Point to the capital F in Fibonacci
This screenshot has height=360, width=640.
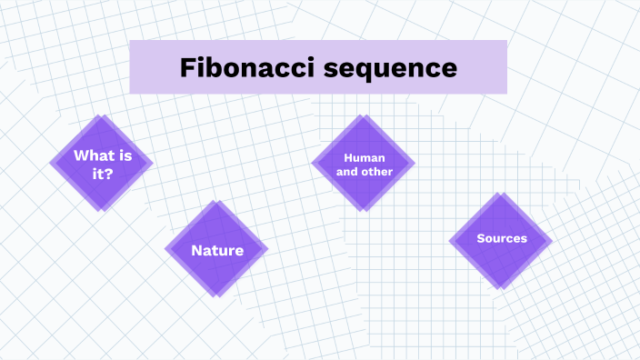click(x=187, y=67)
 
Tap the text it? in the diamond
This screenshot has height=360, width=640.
click(x=102, y=173)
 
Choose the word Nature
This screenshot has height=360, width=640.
click(x=217, y=250)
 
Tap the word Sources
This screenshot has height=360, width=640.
click(x=502, y=239)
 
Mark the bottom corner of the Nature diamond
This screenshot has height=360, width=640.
click(x=216, y=296)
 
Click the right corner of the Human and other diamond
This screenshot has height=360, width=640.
click(x=415, y=164)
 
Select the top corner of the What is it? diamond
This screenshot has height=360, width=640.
click(x=100, y=115)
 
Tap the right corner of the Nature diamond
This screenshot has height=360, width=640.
click(x=267, y=248)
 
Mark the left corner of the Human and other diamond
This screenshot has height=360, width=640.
click(x=313, y=163)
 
